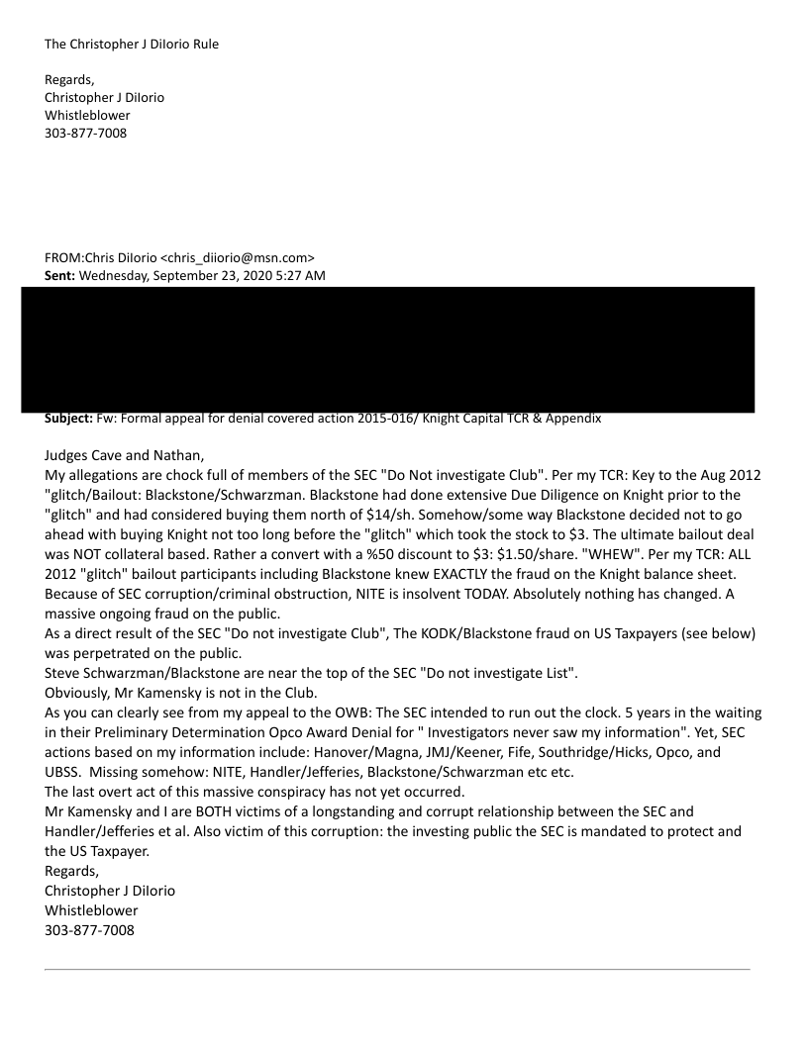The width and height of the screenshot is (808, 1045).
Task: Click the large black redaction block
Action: click(386, 348)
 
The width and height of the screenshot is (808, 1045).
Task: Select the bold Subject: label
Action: click(75, 419)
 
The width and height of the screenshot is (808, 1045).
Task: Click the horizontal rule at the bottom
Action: click(396, 969)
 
